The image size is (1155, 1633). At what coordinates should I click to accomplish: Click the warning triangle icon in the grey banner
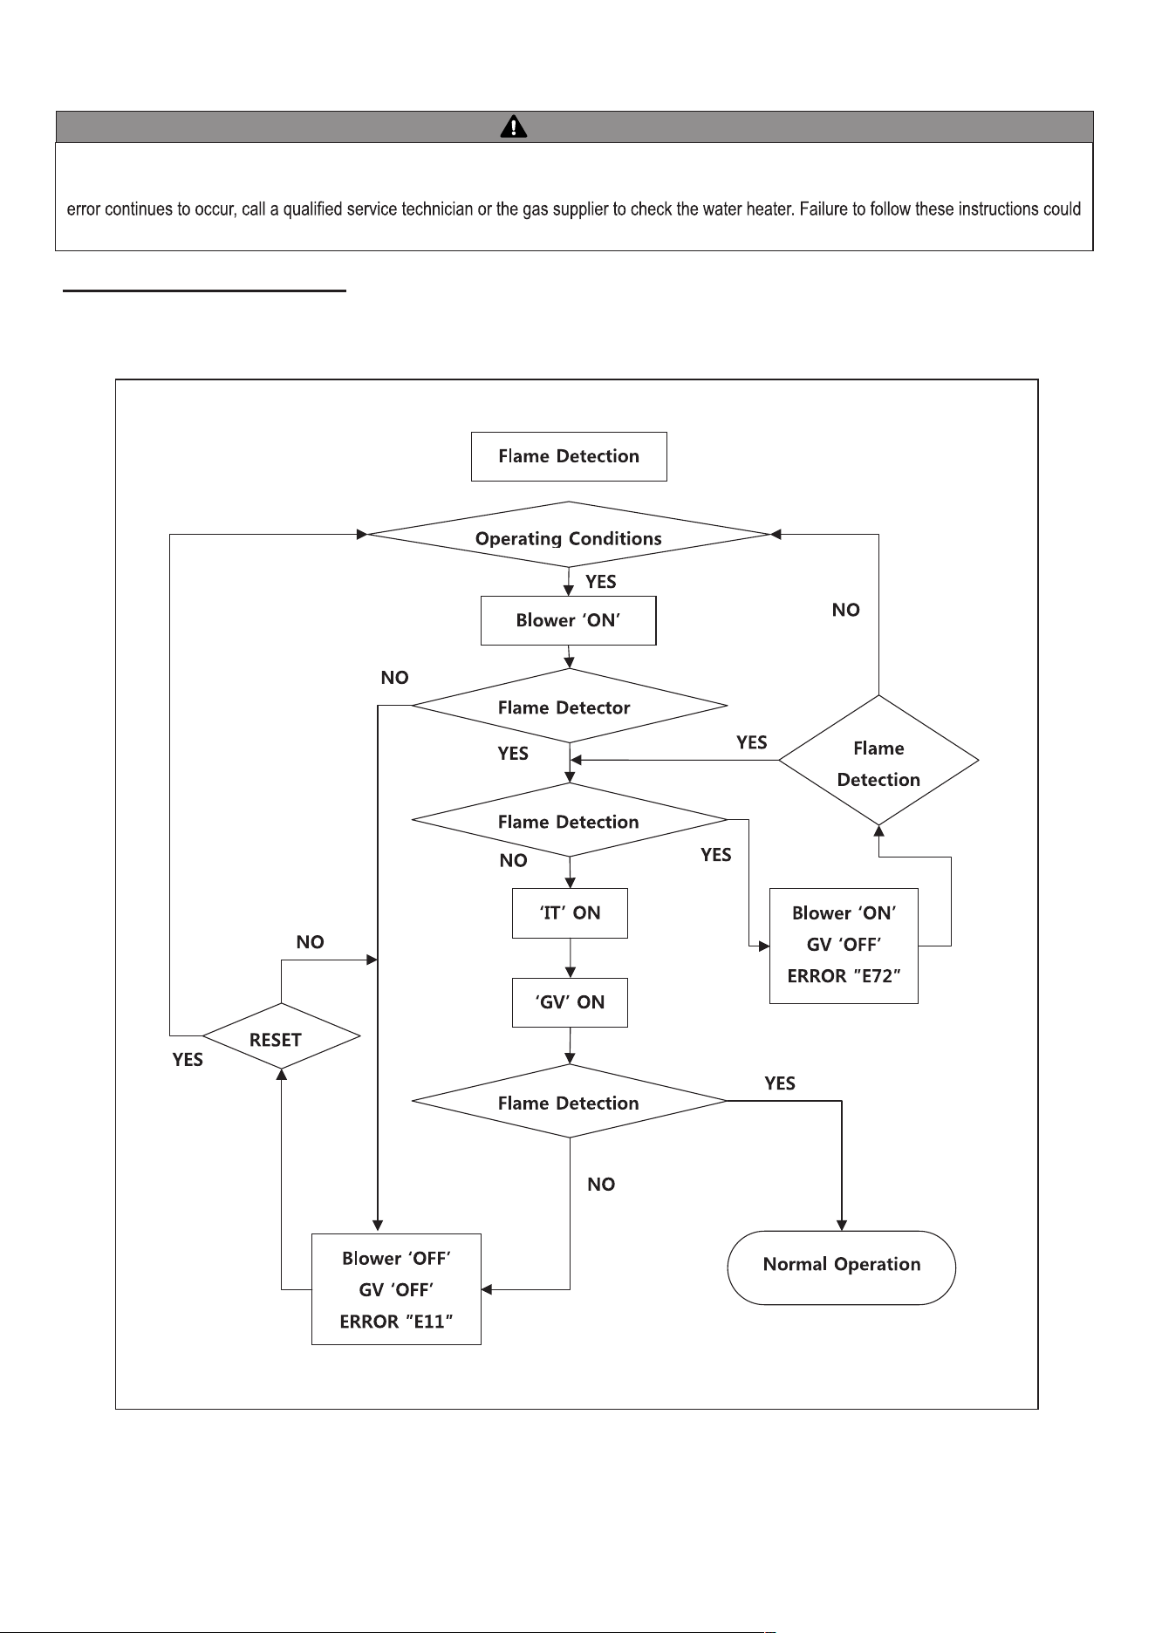point(514,127)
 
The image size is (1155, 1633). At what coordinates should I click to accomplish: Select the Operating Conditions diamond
point(569,535)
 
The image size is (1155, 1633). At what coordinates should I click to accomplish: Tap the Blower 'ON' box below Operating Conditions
point(568,620)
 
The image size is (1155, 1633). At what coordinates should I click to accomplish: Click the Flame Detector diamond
point(569,706)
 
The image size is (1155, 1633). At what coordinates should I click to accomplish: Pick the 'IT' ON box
point(570,913)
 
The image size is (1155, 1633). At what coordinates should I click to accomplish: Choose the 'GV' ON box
point(570,1002)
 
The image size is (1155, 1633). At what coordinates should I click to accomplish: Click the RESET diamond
point(281,1036)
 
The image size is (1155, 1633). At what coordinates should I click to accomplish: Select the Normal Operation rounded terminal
point(842,1267)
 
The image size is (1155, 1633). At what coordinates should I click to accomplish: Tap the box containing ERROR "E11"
point(396,1289)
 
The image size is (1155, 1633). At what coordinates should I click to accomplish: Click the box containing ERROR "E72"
point(844,945)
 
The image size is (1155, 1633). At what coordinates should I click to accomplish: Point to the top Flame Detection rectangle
point(569,456)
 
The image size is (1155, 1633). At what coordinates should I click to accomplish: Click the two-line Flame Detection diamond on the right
point(878,761)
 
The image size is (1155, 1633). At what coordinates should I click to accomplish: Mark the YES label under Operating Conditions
point(601,582)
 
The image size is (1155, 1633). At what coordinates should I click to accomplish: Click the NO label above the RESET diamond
point(311,942)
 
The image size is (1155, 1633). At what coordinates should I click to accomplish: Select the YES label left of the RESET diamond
point(188,1060)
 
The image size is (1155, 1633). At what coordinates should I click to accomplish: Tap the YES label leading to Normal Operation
point(780,1083)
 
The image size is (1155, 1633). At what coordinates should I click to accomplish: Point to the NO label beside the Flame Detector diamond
point(395,678)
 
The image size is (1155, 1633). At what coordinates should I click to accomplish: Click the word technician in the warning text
point(434,209)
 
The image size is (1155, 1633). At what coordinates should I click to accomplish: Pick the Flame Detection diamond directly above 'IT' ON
point(569,820)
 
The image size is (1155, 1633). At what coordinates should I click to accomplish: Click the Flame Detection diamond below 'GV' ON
point(569,1101)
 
